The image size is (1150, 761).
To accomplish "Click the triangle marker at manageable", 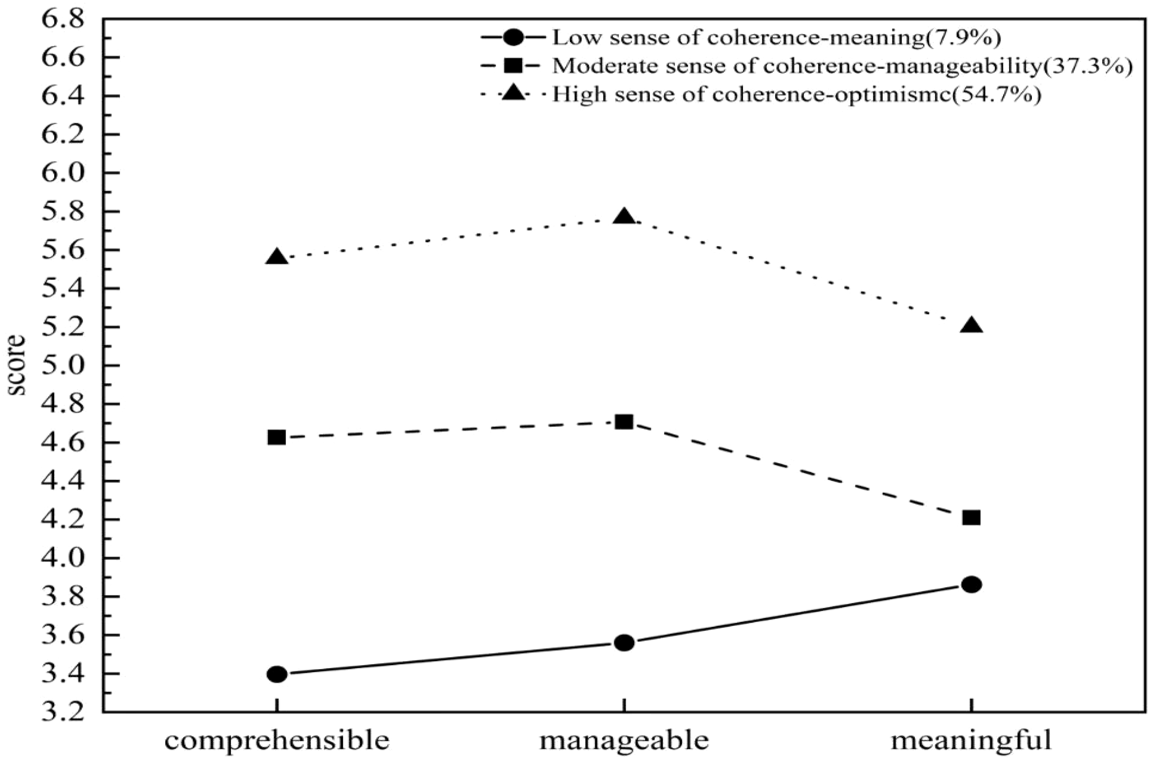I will click(624, 217).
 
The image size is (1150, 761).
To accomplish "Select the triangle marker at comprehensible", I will click(277, 257).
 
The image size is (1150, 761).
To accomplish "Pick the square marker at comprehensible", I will click(277, 438).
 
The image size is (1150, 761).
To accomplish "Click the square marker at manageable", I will click(624, 422).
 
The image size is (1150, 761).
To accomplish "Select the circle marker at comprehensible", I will click(277, 675).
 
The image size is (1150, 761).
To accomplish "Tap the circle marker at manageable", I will click(624, 643).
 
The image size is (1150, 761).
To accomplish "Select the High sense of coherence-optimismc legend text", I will click(796, 94).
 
